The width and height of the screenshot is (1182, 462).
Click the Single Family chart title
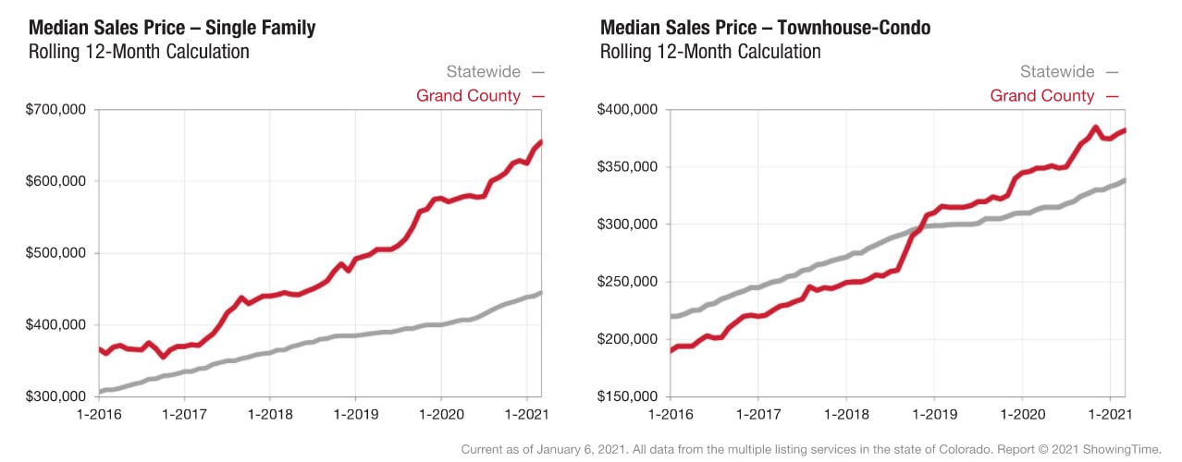pyautogui.click(x=172, y=28)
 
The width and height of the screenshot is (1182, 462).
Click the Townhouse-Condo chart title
pyautogui.click(x=765, y=28)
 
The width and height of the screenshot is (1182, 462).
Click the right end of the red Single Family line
pyautogui.click(x=540, y=142)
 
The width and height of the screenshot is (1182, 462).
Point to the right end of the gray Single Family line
pyautogui.click(x=540, y=293)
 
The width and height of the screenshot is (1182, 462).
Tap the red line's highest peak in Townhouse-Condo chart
pyautogui.click(x=1095, y=128)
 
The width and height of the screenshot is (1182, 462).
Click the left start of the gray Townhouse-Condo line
pyautogui.click(x=672, y=316)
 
